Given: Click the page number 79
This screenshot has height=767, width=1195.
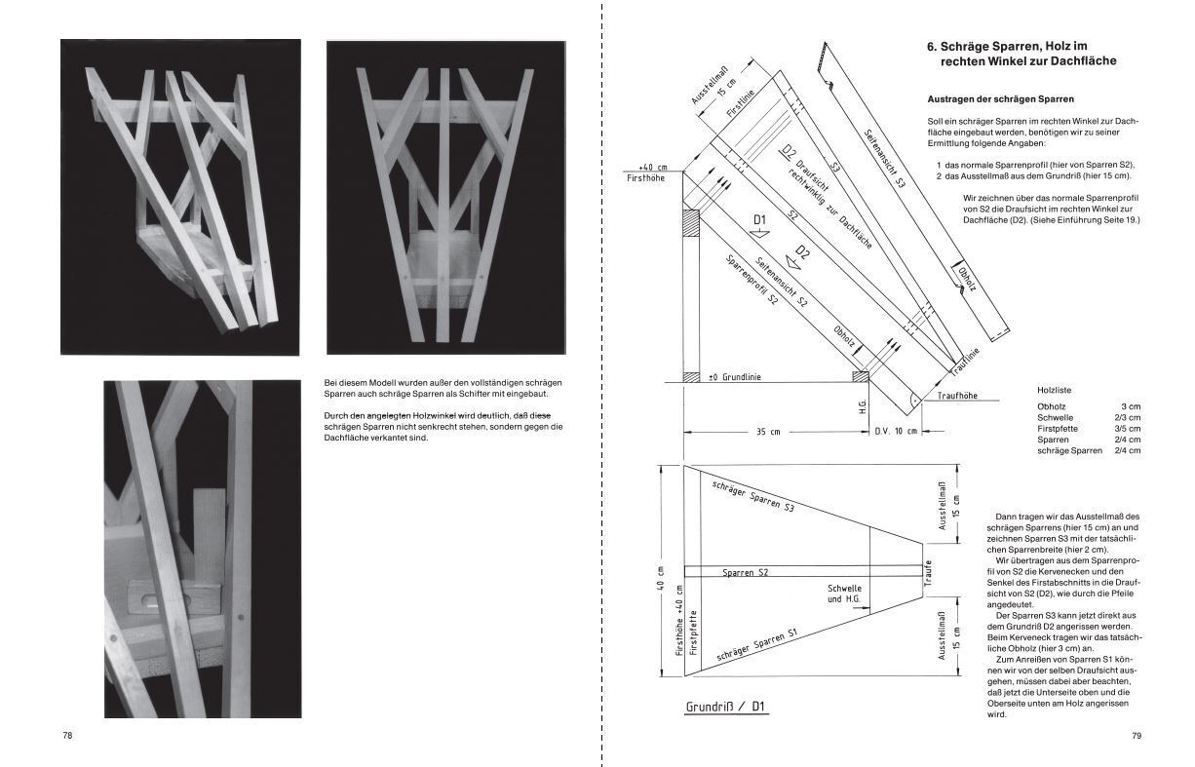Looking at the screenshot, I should coord(1136,736).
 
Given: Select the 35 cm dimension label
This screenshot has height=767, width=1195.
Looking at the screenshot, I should coord(768,432).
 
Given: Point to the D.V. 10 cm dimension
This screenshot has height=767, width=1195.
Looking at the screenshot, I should coord(895,432).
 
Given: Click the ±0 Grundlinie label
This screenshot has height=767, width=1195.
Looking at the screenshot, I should coord(733,376).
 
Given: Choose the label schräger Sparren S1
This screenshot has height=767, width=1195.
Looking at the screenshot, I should coord(758,646).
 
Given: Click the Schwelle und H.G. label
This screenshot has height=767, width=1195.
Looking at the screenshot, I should coord(844,594).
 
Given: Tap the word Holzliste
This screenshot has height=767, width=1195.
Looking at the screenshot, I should coord(1056,390).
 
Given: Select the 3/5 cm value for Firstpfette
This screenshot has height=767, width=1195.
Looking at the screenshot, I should coord(1128,428).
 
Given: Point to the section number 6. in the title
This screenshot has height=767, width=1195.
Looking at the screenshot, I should coord(933,45).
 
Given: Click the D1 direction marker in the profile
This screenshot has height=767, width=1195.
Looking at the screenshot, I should coord(760,221).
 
